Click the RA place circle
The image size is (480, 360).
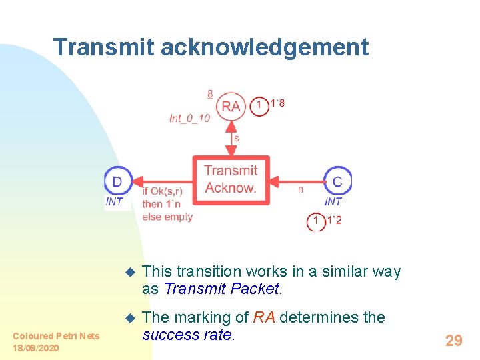[x=231, y=106]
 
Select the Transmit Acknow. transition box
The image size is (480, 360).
[x=231, y=179]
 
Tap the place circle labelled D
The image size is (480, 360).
[x=117, y=181]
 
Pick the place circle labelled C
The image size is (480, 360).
[x=337, y=181]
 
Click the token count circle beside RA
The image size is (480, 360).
[x=259, y=105]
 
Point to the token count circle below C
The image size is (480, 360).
[x=316, y=221]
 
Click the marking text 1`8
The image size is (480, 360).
[x=277, y=103]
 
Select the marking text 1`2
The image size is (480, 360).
[x=334, y=220]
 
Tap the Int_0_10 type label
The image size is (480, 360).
[x=189, y=118]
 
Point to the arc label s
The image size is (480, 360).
[x=236, y=139]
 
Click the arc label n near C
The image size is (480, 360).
[x=301, y=189]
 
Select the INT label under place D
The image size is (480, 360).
[x=115, y=201]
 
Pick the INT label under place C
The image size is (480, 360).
[x=333, y=201]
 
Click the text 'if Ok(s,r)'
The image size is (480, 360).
[x=162, y=191]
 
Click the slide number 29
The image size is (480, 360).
[x=453, y=341]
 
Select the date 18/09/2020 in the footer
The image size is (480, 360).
[x=35, y=348]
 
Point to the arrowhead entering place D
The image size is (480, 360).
[x=131, y=181]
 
